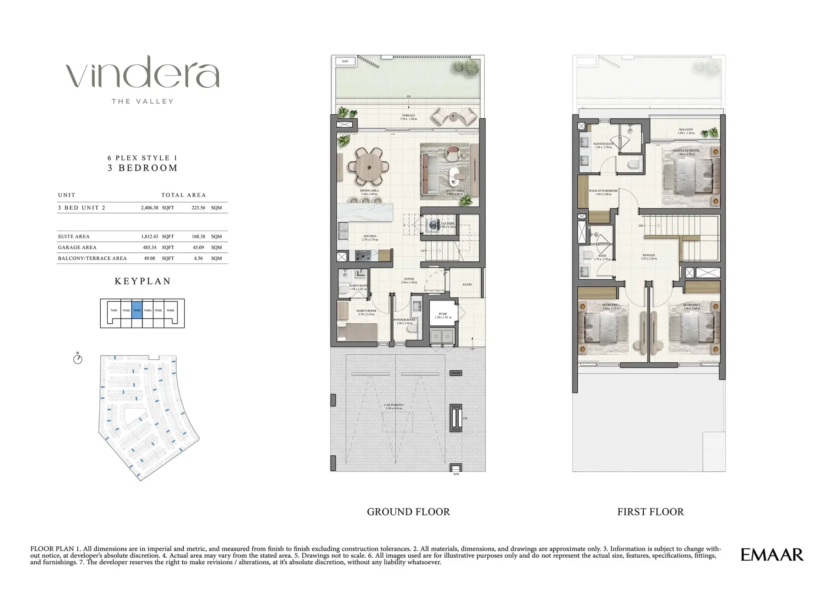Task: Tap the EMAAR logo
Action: tap(772, 555)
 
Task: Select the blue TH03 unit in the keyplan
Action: tap(137, 310)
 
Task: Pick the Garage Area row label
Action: tap(77, 247)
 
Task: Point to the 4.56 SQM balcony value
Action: tap(198, 258)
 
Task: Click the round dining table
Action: tap(370, 167)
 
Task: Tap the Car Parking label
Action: tap(394, 406)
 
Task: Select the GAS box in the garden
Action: tap(345, 61)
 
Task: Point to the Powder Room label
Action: tap(404, 321)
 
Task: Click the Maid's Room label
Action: tap(366, 312)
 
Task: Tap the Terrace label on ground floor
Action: tap(408, 117)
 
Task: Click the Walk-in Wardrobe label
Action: tap(603, 192)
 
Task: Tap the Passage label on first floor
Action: tap(649, 256)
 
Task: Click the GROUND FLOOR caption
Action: tap(408, 512)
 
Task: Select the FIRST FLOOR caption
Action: tap(650, 512)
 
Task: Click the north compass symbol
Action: tap(78, 359)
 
